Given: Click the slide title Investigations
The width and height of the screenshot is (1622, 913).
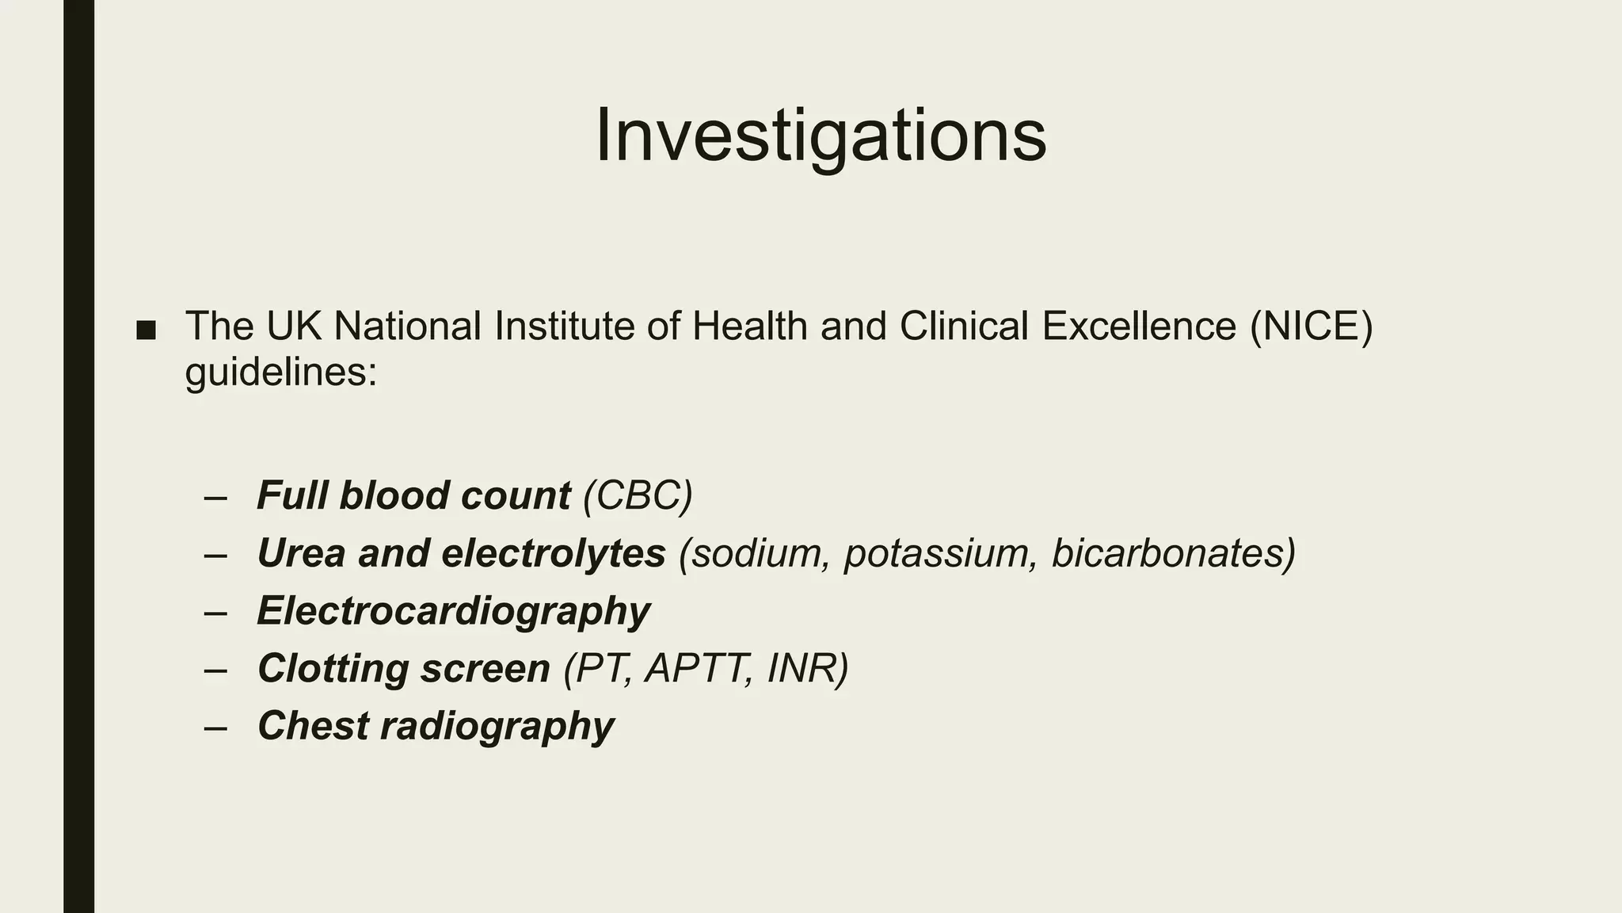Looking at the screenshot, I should click(x=821, y=136).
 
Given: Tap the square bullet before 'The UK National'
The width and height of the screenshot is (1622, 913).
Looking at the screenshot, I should click(x=146, y=330).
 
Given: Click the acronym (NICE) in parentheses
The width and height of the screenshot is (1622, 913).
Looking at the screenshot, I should click(x=1311, y=326).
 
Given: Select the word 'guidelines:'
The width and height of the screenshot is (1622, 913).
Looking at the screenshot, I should click(x=281, y=371).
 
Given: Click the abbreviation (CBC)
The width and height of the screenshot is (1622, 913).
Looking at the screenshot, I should click(x=638, y=495).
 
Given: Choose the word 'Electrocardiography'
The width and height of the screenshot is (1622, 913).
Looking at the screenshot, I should click(x=454, y=611).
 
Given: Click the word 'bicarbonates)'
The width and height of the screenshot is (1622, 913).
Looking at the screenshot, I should click(x=1173, y=553).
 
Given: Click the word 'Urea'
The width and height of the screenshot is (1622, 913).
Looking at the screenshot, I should click(x=302, y=553).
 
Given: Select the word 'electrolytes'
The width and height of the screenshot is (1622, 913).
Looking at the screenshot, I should click(x=553, y=553).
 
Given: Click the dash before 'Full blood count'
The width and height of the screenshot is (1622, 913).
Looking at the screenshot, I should click(x=215, y=498).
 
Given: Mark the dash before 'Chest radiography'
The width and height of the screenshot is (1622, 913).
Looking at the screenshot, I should click(x=215, y=728).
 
